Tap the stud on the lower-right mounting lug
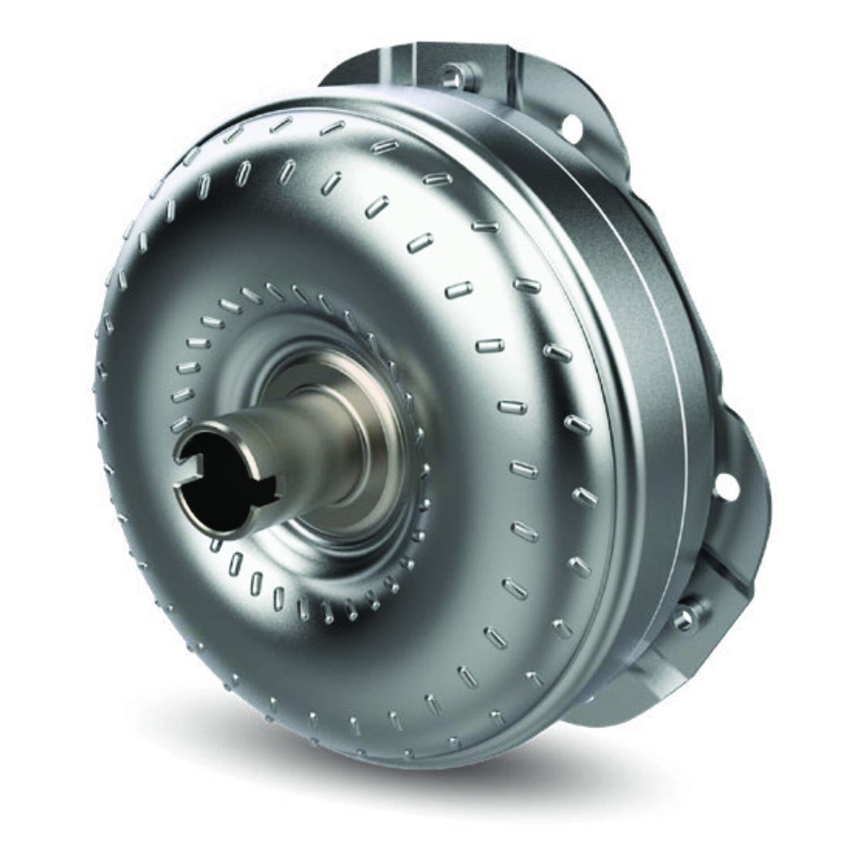coord(684,620)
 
